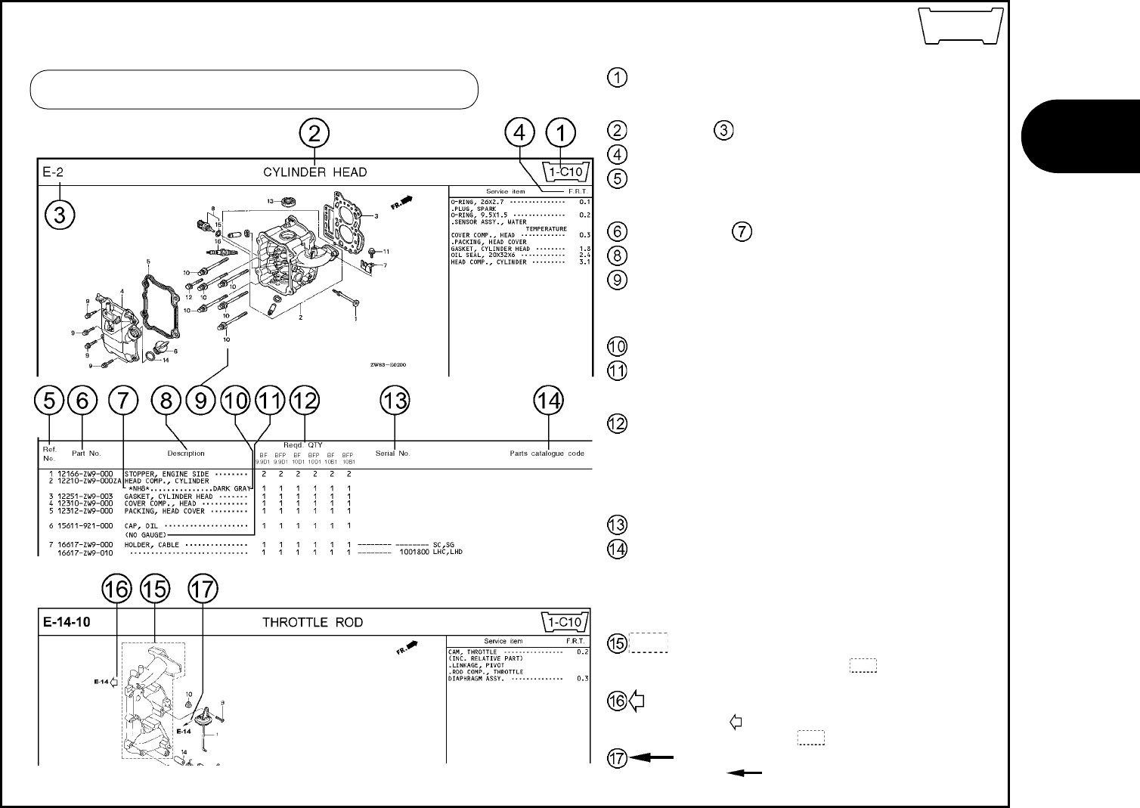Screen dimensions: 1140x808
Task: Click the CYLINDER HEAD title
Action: point(314,172)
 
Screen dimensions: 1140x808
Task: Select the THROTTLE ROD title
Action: point(312,623)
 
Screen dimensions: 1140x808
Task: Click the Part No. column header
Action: point(85,454)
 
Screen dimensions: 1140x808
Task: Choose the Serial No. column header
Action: point(392,454)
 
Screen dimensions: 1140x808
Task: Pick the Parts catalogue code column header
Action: point(547,454)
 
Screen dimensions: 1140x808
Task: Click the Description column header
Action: point(186,454)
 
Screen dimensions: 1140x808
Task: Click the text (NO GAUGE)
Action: point(145,535)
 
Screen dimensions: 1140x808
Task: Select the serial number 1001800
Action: point(410,552)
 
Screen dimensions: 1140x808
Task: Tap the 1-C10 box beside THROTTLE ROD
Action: point(565,622)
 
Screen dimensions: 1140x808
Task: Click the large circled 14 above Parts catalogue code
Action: point(549,401)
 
